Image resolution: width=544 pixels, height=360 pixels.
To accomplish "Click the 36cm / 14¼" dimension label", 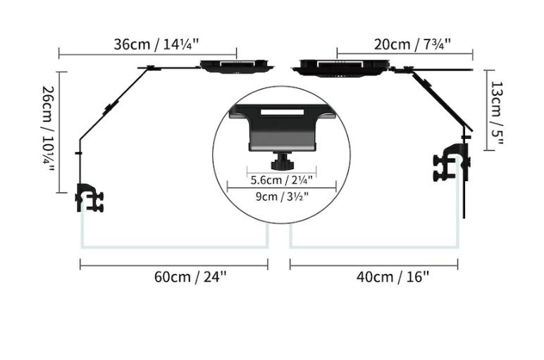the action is click(156, 44).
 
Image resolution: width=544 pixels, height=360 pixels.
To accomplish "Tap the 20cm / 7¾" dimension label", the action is click(412, 44).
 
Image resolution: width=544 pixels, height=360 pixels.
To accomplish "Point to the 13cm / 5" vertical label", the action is click(497, 112).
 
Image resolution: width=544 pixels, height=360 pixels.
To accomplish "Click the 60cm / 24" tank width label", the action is click(190, 277).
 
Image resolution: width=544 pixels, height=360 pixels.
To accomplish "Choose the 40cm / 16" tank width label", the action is click(392, 277).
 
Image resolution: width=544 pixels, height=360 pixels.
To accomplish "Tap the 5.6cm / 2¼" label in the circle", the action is click(281, 180).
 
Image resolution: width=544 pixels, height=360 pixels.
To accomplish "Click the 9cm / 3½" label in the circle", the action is click(282, 197).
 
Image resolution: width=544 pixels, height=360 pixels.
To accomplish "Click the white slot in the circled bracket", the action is click(282, 112).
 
